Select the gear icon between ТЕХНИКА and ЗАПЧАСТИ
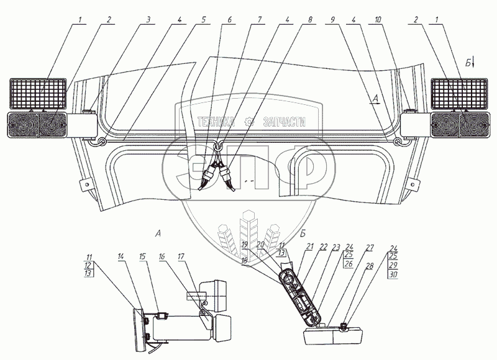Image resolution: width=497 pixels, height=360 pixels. tap(250, 122)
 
